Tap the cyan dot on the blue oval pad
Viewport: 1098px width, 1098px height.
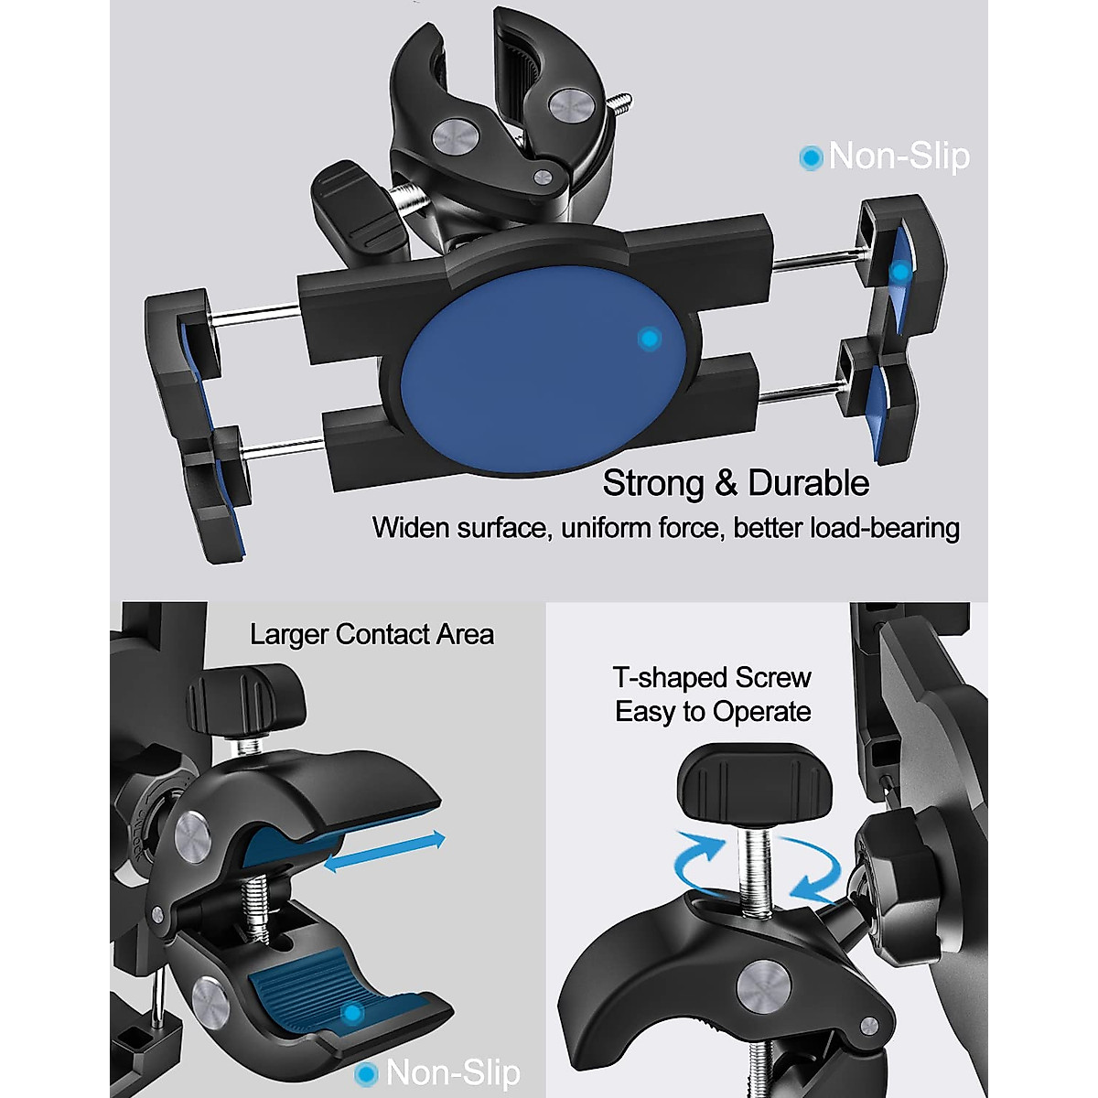point(650,339)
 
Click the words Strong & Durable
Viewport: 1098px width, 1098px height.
point(736,483)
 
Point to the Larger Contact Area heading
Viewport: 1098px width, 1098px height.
point(371,635)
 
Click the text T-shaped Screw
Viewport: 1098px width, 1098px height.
point(712,678)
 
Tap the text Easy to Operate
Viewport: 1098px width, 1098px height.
point(713,712)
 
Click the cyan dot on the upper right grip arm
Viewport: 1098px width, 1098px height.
point(901,272)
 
